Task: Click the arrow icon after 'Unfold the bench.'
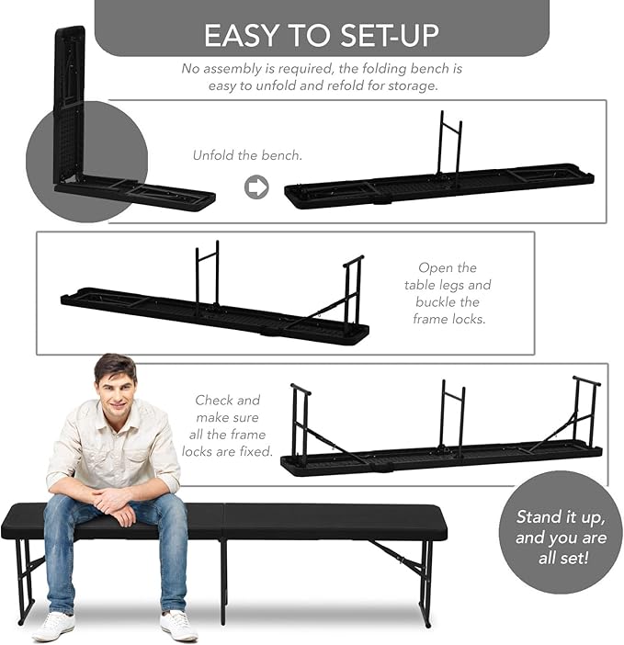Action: click(256, 187)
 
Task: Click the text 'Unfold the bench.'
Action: click(247, 155)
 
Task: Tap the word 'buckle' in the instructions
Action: click(448, 302)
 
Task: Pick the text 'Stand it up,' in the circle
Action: click(561, 517)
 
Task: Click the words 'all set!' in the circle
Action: click(563, 558)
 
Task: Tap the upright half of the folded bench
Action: click(70, 105)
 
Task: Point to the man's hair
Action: click(115, 368)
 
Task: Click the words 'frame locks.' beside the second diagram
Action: click(449, 319)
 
